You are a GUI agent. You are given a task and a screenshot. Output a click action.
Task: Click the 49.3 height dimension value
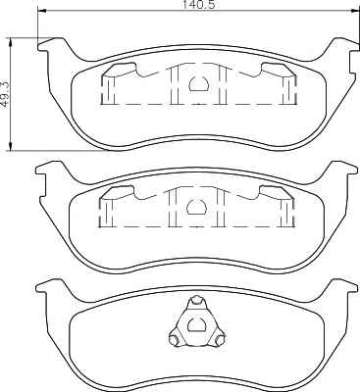pyautogui.click(x=6, y=94)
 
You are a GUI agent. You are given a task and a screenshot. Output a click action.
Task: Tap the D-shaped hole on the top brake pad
pyautogui.click(x=198, y=84)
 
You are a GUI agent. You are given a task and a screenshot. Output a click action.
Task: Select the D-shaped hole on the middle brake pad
pyautogui.click(x=196, y=207)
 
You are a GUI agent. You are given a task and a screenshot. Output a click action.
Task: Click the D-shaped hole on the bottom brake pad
pyautogui.click(x=196, y=325)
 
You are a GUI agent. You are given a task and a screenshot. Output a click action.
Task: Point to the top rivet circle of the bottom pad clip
pyautogui.click(x=196, y=300)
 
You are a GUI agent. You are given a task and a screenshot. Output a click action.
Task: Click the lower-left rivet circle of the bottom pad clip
pyautogui.click(x=175, y=340)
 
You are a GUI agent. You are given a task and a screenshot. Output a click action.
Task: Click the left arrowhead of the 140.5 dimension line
pyautogui.click(x=42, y=12)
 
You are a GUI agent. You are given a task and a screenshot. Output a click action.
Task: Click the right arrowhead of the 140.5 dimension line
pyautogui.click(x=355, y=12)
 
